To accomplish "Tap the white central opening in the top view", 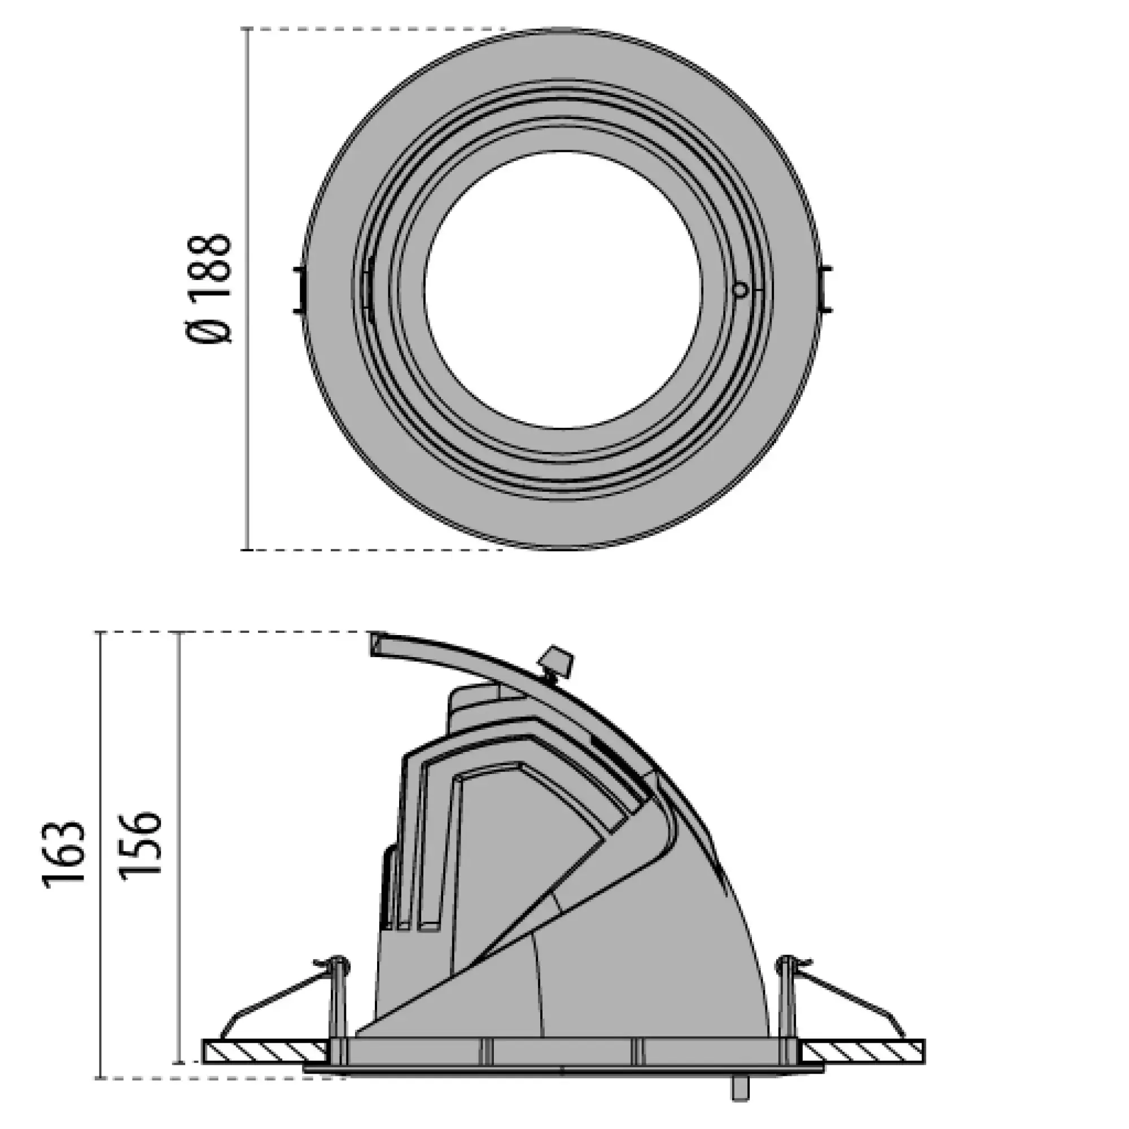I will pos(562,289).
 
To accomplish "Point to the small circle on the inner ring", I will pos(741,288).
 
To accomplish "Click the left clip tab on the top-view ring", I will pos(299,289).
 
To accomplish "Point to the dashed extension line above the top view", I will pos(374,29).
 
